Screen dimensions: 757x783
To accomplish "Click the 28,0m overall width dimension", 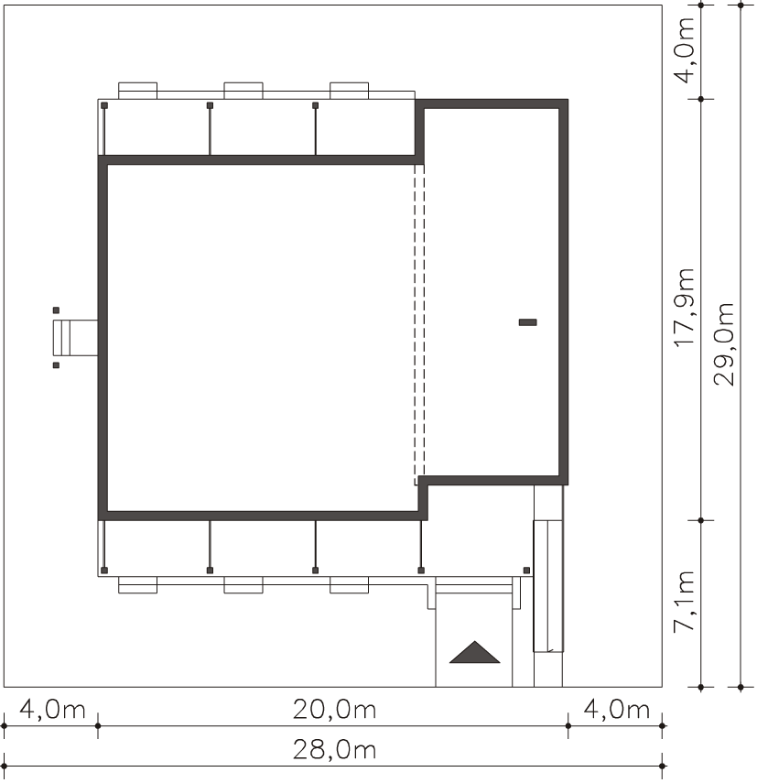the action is tap(334, 750).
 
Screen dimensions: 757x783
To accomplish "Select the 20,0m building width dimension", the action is tap(334, 710).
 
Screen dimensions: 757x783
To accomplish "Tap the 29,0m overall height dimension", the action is tap(724, 344).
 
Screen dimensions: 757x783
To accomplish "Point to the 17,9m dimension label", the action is tap(684, 307).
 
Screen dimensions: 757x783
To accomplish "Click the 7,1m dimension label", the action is tap(684, 602).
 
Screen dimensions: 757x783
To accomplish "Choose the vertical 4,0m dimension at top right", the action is tap(684, 50).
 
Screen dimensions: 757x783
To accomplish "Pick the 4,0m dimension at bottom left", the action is tap(52, 710).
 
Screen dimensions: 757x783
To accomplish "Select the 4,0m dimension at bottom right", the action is tap(617, 710).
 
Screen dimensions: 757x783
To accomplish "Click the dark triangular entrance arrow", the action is tap(474, 652).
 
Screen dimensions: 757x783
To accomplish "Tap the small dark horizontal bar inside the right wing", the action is tap(528, 322).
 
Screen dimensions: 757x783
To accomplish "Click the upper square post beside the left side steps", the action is tap(56, 310).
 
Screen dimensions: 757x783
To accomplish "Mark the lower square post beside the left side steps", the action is tap(56, 365).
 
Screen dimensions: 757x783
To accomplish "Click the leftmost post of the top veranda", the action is tap(104, 105).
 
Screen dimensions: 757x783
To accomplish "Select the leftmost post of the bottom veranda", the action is tap(104, 571).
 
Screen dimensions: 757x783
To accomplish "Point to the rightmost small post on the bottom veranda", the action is tap(526, 571).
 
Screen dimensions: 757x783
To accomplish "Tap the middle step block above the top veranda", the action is tap(243, 91).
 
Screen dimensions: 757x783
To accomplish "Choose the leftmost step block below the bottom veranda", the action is tap(137, 585).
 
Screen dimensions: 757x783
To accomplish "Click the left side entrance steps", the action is tap(75, 338).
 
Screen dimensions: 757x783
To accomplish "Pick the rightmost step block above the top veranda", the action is tap(350, 91).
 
